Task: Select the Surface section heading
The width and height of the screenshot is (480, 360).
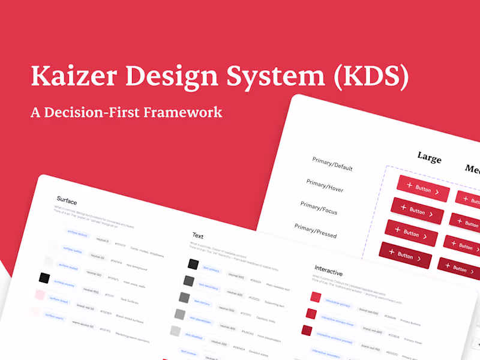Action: pyautogui.click(x=67, y=200)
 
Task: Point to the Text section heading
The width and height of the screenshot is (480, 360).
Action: pyautogui.click(x=198, y=235)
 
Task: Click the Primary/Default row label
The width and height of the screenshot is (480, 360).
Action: pyautogui.click(x=332, y=164)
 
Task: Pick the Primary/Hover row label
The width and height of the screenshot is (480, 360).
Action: pyautogui.click(x=325, y=185)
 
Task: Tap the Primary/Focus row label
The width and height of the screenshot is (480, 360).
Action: pyautogui.click(x=319, y=208)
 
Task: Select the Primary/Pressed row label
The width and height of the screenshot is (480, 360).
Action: pyautogui.click(x=315, y=230)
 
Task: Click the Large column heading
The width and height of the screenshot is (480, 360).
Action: pyautogui.click(x=429, y=158)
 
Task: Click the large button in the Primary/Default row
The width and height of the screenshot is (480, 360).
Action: pyautogui.click(x=423, y=189)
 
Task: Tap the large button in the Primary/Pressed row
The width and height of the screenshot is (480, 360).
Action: pyautogui.click(x=405, y=255)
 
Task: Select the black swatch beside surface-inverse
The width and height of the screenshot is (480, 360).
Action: pyautogui.click(x=44, y=278)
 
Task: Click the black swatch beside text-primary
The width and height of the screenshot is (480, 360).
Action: pyautogui.click(x=193, y=264)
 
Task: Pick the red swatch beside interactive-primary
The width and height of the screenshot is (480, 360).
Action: pyautogui.click(x=316, y=297)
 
